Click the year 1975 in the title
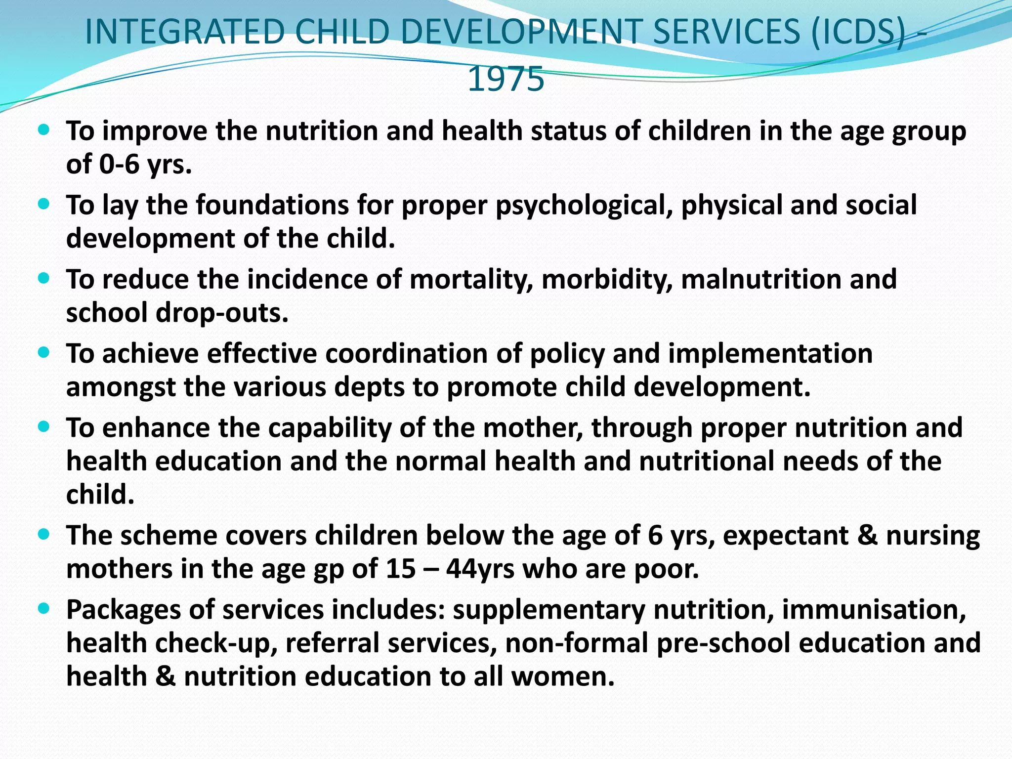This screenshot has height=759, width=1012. click(506, 79)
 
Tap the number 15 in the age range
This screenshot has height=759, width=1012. click(401, 569)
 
